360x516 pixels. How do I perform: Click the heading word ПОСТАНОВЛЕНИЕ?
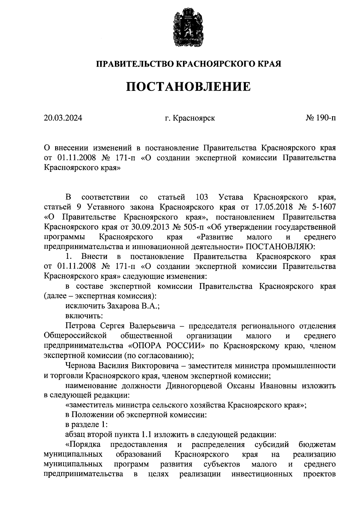tap(188, 87)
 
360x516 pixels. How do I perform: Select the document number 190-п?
tap(325, 118)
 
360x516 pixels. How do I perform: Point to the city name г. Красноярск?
tap(190, 118)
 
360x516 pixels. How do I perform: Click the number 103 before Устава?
tap(202, 197)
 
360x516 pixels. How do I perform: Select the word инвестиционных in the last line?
tap(262, 474)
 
